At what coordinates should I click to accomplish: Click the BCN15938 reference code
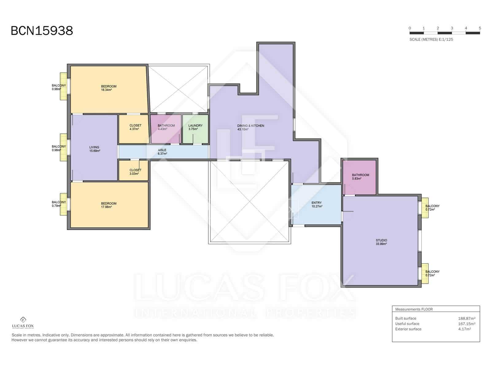click(42, 31)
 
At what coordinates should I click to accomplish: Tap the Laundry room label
click(195, 125)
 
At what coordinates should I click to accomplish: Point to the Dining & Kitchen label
click(250, 126)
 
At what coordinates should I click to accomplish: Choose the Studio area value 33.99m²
click(381, 244)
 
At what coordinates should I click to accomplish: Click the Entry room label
click(316, 203)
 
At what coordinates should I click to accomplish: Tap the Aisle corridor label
click(162, 150)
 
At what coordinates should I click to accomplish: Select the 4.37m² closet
click(135, 127)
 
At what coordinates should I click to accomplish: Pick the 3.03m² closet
click(135, 172)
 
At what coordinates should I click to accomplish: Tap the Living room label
click(94, 147)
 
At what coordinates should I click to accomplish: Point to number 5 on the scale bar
click(480, 28)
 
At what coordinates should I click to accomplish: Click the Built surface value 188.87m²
click(466, 318)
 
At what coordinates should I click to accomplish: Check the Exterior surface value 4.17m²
click(464, 329)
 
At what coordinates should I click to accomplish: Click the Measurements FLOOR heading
click(414, 309)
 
